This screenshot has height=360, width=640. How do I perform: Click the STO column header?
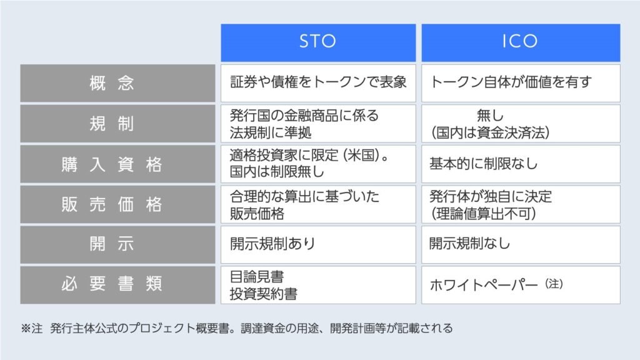(318, 42)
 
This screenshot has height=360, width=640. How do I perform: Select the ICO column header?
(521, 42)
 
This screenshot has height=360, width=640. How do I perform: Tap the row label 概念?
(117, 83)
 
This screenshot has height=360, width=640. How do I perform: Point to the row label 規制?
(117, 123)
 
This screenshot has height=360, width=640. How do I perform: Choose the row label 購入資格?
(117, 164)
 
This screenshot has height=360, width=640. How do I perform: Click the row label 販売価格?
(117, 204)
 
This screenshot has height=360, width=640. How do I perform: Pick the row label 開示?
(117, 244)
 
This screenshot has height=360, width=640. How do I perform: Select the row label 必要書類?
(117, 285)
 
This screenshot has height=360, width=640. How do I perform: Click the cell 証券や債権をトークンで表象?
(318, 83)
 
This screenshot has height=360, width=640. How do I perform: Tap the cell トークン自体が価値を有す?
(521, 83)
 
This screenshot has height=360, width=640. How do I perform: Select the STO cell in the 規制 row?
(318, 123)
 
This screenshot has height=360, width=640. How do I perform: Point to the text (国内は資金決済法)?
(490, 132)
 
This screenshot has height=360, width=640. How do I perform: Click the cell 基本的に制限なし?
(521, 164)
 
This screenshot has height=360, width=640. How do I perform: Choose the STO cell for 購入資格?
(318, 164)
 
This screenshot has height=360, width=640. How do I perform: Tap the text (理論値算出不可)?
(484, 214)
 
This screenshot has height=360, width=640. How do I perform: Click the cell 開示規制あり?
(318, 244)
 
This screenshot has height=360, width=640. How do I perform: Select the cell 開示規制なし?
(521, 244)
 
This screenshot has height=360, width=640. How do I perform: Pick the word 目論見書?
(257, 277)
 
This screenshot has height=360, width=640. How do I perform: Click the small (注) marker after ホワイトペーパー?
(554, 283)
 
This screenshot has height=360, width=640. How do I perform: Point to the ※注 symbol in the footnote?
(31, 328)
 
